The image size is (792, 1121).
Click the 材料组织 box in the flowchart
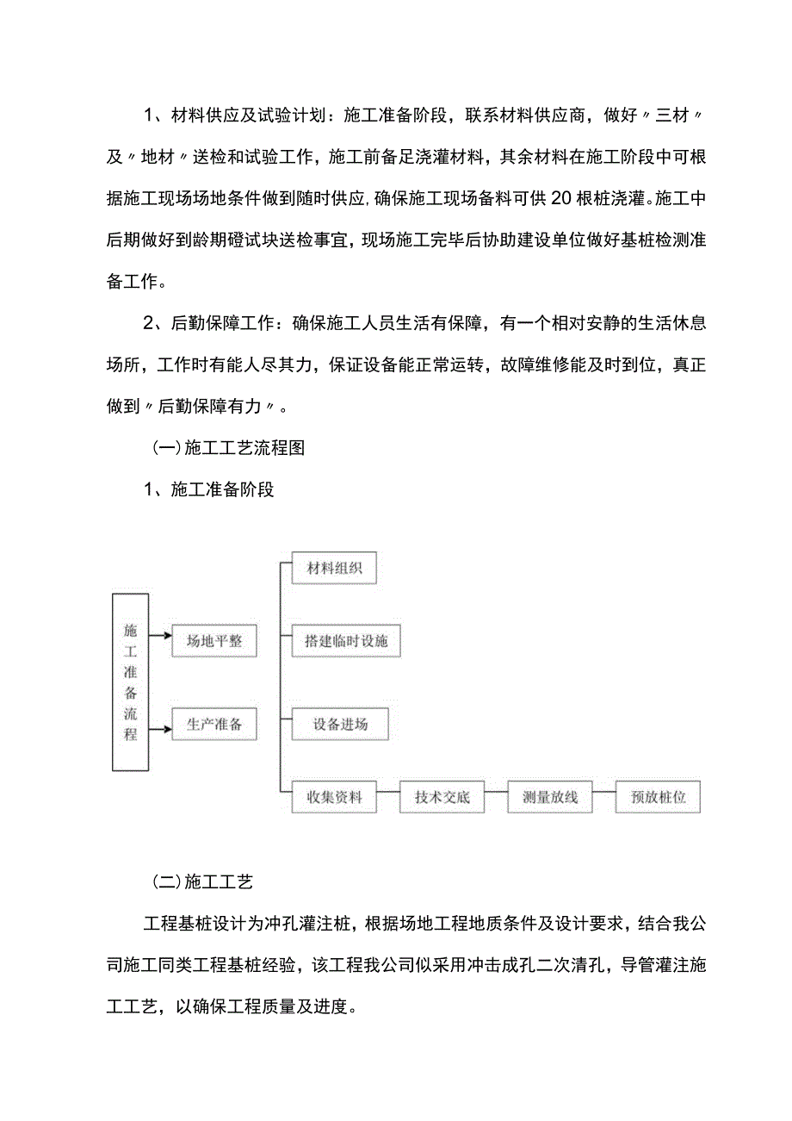[x=334, y=569]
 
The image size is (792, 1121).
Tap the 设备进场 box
[x=340, y=725]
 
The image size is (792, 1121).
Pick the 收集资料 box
[x=334, y=797]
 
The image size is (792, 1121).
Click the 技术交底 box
[x=442, y=797]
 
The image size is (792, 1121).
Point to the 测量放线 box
[x=550, y=797]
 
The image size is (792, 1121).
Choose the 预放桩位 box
[x=659, y=797]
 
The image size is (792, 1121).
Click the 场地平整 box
[x=214, y=641]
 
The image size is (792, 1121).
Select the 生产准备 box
[x=214, y=725]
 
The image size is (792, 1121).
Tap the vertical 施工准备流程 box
[x=130, y=682]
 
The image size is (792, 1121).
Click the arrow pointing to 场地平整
[x=159, y=638]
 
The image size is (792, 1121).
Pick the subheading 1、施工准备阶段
[x=208, y=490]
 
